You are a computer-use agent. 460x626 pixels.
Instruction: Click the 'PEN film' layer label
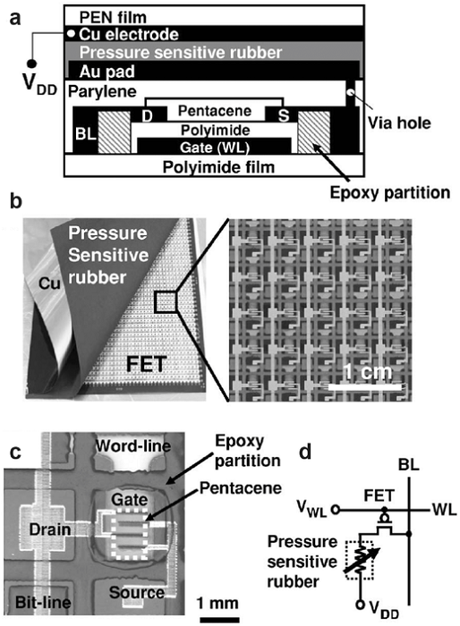point(113,17)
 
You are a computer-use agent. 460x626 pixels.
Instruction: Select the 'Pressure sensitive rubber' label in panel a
point(181,52)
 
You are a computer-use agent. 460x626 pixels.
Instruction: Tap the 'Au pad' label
point(106,72)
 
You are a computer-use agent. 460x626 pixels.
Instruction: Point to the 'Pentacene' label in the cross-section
point(215,111)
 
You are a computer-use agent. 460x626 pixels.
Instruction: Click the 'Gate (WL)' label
point(215,148)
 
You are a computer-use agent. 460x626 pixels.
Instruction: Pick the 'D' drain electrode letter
point(147,116)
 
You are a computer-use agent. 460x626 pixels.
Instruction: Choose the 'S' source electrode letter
point(284,115)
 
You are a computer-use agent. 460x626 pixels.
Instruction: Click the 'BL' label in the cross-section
point(86,134)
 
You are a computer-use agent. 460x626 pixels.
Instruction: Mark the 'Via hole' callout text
point(399,123)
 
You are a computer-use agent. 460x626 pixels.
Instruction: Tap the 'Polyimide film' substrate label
point(218,167)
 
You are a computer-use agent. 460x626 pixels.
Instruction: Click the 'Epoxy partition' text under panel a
point(390,192)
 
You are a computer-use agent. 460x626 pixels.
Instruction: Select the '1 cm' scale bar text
point(368,372)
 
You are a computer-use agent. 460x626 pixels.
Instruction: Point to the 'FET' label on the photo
point(146,364)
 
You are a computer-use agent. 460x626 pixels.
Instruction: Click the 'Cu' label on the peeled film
point(49,283)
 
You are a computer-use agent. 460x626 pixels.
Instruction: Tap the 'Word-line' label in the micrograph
point(133,446)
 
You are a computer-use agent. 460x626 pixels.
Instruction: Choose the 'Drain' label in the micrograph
point(50,529)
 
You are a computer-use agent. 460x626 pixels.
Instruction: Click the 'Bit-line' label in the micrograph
point(43,602)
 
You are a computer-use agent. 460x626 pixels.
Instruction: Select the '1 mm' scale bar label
point(217,603)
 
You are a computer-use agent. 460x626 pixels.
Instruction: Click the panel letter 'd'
point(305,452)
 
